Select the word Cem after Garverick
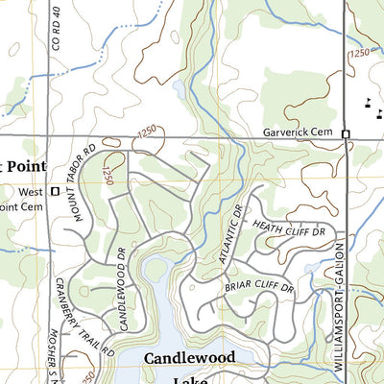click(x=328, y=132)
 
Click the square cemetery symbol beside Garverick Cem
click(x=347, y=133)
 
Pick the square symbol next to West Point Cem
click(x=55, y=191)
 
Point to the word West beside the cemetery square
click(x=31, y=191)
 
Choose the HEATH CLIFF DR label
click(x=289, y=228)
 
